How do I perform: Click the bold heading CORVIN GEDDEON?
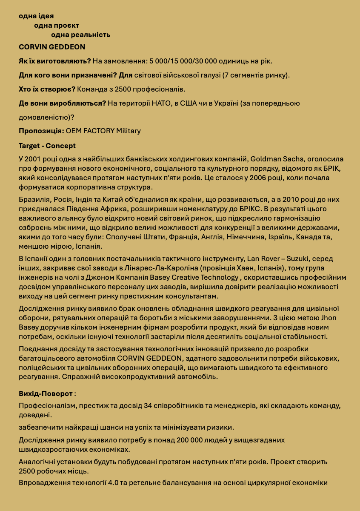52,47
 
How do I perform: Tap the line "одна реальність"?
80,34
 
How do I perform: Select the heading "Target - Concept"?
47,146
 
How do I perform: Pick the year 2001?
33,159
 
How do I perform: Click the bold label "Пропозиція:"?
41,131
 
